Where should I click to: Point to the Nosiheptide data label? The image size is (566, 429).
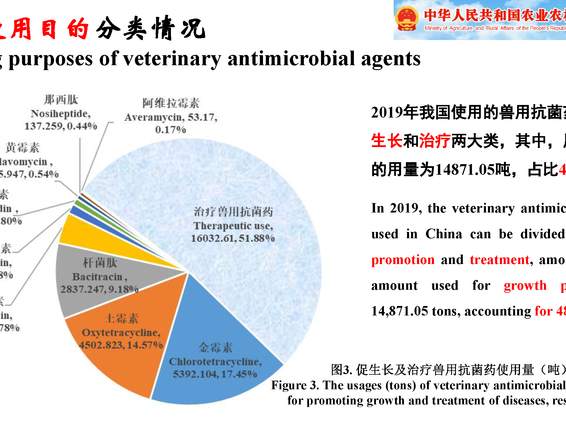61,114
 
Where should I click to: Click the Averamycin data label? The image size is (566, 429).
171,117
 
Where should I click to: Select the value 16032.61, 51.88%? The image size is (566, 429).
233,238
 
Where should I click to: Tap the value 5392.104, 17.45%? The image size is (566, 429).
215,374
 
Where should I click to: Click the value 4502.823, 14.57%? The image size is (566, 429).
121,345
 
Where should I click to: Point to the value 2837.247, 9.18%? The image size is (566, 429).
99,289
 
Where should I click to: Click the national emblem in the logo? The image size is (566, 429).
407,19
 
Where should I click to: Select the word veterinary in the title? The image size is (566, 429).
172,59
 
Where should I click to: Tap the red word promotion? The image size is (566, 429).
403,260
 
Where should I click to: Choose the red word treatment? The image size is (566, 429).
500,260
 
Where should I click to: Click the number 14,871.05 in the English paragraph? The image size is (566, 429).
400,311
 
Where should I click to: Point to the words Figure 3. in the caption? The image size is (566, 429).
295,385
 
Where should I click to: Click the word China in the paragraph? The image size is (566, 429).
444,234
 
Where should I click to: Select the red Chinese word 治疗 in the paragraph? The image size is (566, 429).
435,141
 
